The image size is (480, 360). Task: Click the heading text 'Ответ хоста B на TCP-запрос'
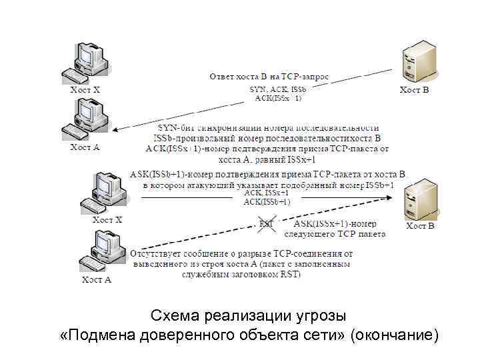click(x=269, y=77)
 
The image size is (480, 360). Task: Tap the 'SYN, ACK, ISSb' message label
click(x=277, y=89)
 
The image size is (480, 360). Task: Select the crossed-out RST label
click(x=266, y=224)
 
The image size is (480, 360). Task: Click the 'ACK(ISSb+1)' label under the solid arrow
click(x=267, y=201)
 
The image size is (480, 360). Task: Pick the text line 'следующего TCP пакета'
click(x=335, y=234)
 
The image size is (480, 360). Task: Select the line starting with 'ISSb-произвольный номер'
click(x=269, y=138)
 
